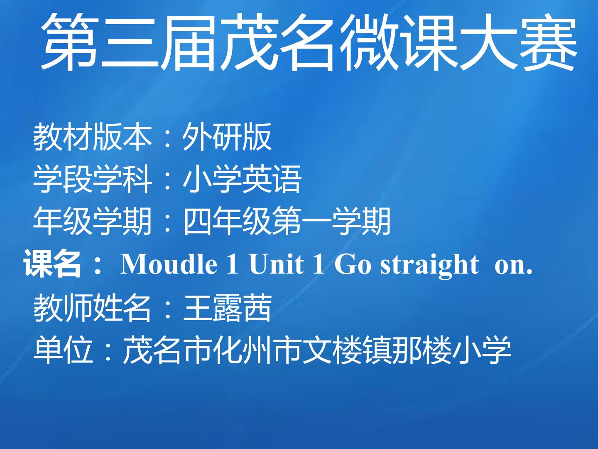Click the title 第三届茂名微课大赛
pyautogui.click(x=309, y=42)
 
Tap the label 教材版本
pyautogui.click(x=92, y=136)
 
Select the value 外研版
pyautogui.click(x=227, y=136)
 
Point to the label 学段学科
pyautogui.click(x=92, y=179)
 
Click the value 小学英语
pyautogui.click(x=242, y=179)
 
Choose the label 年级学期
pyautogui.click(x=92, y=221)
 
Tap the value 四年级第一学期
pyautogui.click(x=287, y=221)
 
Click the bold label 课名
pyautogui.click(x=52, y=264)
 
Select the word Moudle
pyautogui.click(x=169, y=264)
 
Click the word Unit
pyautogui.click(x=276, y=264)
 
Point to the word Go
pyautogui.click(x=353, y=264)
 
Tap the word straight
pyautogui.click(x=430, y=266)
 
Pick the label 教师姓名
pyautogui.click(x=92, y=308)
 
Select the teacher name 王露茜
pyautogui.click(x=227, y=308)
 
